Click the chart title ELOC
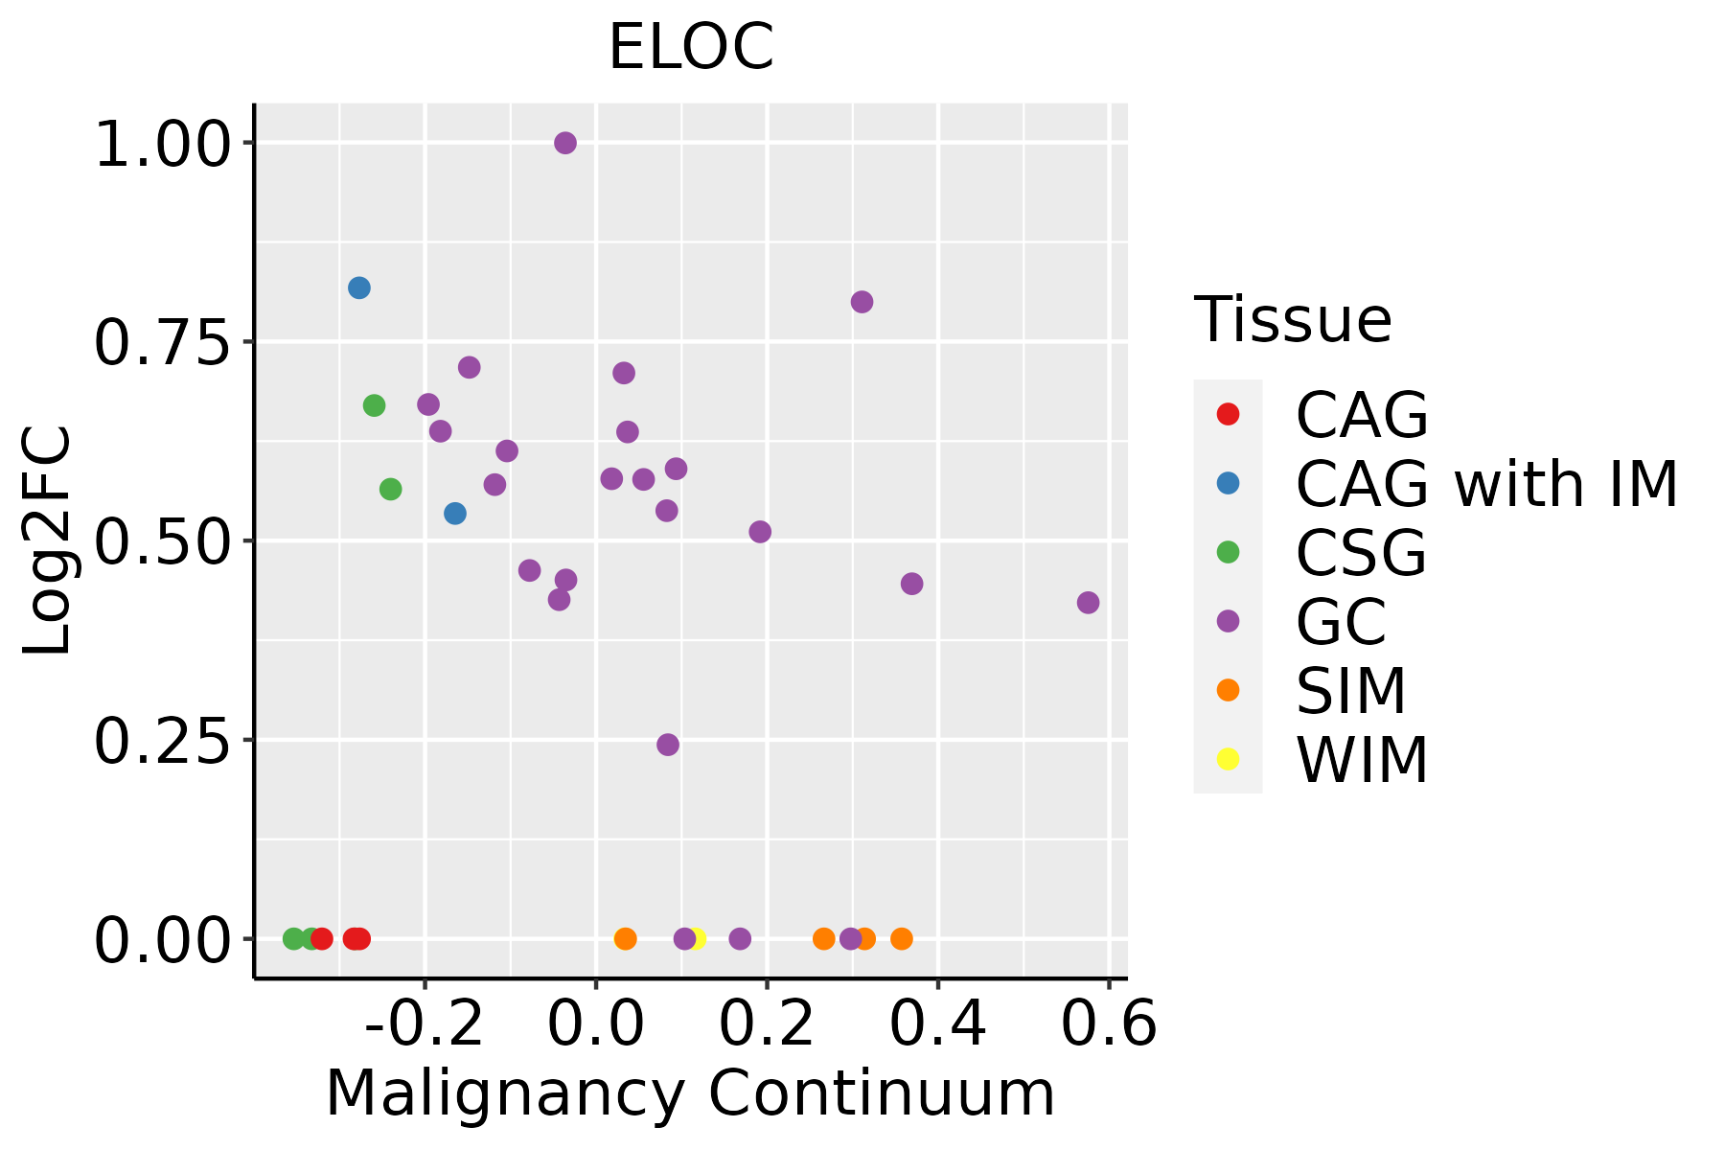691,47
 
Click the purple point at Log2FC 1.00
565,143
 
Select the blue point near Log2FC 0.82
359,287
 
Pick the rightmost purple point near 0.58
1088,603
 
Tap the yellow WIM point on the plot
697,938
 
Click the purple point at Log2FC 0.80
862,302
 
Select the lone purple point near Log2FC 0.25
668,745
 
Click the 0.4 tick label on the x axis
937,1024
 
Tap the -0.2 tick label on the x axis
425,1024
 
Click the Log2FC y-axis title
48,540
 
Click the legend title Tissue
1293,320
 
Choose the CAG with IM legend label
1486,484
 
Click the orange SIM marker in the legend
1228,690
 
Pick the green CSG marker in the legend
1228,552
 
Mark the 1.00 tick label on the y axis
163,145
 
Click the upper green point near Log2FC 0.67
374,405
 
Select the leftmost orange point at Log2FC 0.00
625,938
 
